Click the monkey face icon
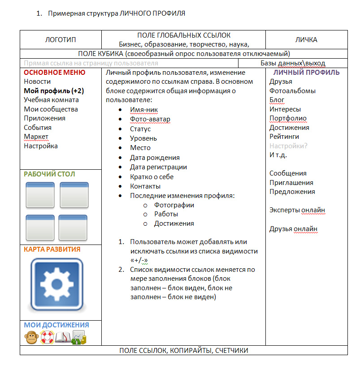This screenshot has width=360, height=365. point(31,337)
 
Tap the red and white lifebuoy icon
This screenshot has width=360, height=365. point(47,337)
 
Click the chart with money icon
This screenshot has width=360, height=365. point(79,337)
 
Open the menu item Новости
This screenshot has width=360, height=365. point(37,82)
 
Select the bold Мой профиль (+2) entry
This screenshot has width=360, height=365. point(54,90)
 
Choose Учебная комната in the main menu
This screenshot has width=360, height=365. point(51,100)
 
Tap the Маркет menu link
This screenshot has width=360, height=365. point(36,137)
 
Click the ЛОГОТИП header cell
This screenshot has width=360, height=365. point(61,40)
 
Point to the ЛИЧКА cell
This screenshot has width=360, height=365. point(306,40)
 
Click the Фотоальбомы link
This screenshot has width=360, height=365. point(292,91)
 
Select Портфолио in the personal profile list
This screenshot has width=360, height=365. point(288,118)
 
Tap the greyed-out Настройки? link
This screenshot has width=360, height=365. point(288,146)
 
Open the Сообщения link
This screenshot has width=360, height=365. point(288,173)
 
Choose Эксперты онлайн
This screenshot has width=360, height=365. point(297,210)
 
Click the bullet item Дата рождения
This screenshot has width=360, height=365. point(155,158)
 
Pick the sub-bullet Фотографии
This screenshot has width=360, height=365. point(174,205)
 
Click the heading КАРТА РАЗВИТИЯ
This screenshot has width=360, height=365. point(52,249)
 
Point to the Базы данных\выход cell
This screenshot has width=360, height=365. point(293,64)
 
